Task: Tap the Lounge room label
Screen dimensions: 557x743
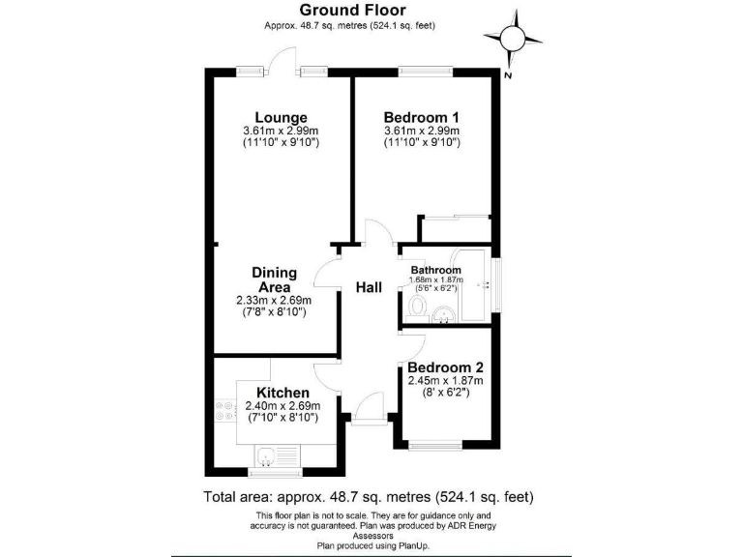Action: (x=276, y=117)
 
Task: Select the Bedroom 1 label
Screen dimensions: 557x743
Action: (x=421, y=117)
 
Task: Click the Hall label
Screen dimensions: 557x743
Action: (x=369, y=288)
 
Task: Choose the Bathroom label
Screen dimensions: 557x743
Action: (x=436, y=270)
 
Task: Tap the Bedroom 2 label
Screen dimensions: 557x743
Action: (x=445, y=367)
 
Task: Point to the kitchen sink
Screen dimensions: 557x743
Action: (x=267, y=454)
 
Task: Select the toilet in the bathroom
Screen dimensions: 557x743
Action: (x=418, y=308)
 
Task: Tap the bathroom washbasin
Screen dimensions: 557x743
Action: (x=444, y=314)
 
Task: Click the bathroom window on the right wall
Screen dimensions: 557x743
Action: (x=497, y=284)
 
